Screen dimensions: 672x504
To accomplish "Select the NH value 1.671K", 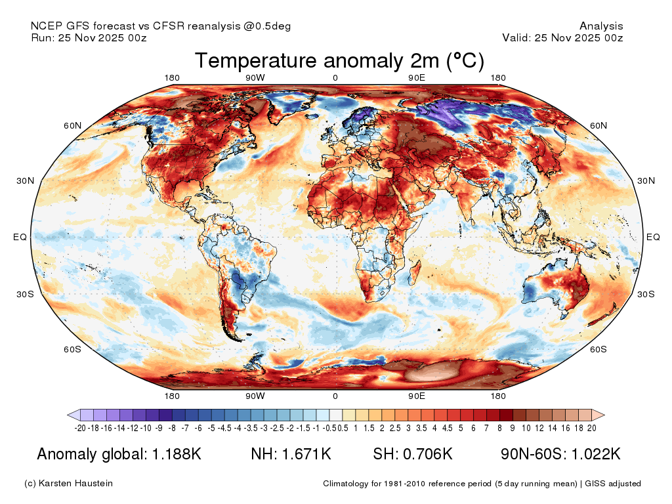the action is point(306,454).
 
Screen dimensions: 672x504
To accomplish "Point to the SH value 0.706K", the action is point(428,454).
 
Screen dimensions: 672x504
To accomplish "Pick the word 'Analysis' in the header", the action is point(601,26).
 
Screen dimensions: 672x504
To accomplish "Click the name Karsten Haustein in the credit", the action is point(76,484).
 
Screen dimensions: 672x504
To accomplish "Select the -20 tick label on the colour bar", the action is point(80,428).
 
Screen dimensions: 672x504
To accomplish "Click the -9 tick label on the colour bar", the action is point(159,428).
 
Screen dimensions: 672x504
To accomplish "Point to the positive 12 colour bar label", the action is point(539,428).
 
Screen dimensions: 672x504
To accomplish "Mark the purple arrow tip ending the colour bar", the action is point(68,415).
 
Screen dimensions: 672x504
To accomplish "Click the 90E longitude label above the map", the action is point(417,77).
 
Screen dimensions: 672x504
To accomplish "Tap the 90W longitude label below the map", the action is point(255,396).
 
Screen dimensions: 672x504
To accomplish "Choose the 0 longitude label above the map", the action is point(335,77).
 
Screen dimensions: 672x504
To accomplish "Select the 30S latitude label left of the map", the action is point(25,294).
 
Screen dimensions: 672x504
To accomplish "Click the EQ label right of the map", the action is point(653,237).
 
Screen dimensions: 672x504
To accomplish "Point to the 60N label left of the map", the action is point(72,125).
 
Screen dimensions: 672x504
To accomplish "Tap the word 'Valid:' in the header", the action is point(516,37).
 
